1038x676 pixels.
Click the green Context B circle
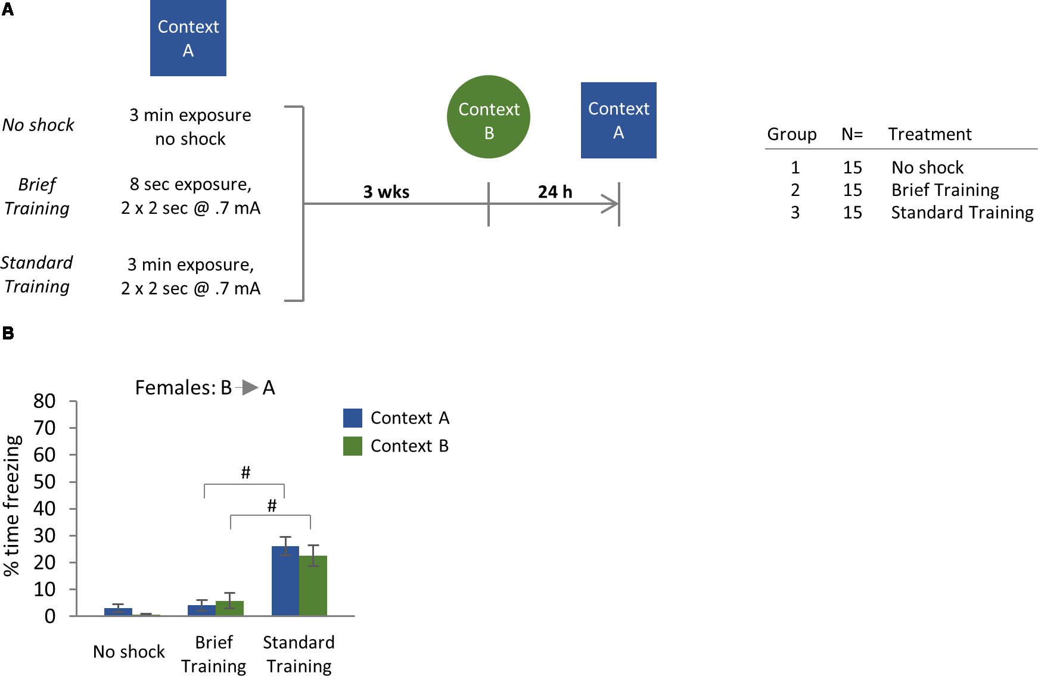coord(489,117)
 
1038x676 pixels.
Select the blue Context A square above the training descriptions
coord(188,38)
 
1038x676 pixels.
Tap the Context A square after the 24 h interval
coord(619,120)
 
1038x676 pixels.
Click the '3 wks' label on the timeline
coord(386,192)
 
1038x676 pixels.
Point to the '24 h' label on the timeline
coord(555,192)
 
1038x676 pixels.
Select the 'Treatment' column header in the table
coord(930,134)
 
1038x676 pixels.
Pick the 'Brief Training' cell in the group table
coord(945,190)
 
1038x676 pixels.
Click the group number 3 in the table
coord(795,213)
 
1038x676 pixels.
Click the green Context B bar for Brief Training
coord(229,608)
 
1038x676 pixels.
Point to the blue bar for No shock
coord(118,612)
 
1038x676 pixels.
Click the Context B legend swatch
coord(353,446)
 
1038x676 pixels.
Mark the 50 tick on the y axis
coord(45,482)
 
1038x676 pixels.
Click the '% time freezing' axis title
coord(12,505)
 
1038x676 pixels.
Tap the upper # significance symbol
coord(245,473)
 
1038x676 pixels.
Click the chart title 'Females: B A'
coord(205,388)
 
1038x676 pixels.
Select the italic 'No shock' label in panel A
coord(38,125)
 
